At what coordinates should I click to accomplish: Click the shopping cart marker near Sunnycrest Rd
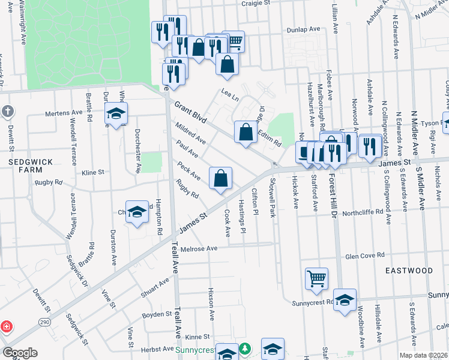pos(316,278)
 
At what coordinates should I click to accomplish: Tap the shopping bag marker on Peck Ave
pos(220,178)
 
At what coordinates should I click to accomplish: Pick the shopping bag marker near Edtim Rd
pos(246,133)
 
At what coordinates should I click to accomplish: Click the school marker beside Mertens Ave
pos(116,113)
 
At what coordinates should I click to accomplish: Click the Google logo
pos(20,353)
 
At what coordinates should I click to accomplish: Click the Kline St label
pos(93,172)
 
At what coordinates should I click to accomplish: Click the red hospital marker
pos(7,327)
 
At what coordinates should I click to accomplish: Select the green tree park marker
pos(244,349)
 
